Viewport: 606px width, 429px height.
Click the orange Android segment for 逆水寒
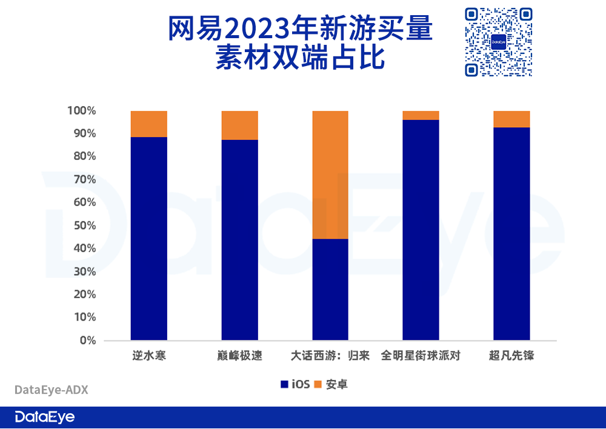(149, 124)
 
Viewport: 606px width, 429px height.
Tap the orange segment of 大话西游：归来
(330, 175)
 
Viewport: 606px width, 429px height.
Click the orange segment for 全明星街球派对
(421, 116)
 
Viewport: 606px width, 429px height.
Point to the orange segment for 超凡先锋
(511, 119)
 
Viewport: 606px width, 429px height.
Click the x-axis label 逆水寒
(149, 356)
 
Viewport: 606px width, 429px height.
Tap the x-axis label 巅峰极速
(239, 356)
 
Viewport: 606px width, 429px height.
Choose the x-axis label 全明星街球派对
(421, 356)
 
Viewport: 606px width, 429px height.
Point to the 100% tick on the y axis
(82, 111)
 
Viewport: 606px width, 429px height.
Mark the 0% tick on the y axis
(87, 340)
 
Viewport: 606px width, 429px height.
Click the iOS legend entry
(295, 384)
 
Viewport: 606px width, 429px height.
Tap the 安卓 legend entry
(331, 384)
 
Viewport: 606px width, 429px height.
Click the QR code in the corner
(499, 42)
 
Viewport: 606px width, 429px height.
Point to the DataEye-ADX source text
(51, 390)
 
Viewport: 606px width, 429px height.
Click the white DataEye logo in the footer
(45, 417)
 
